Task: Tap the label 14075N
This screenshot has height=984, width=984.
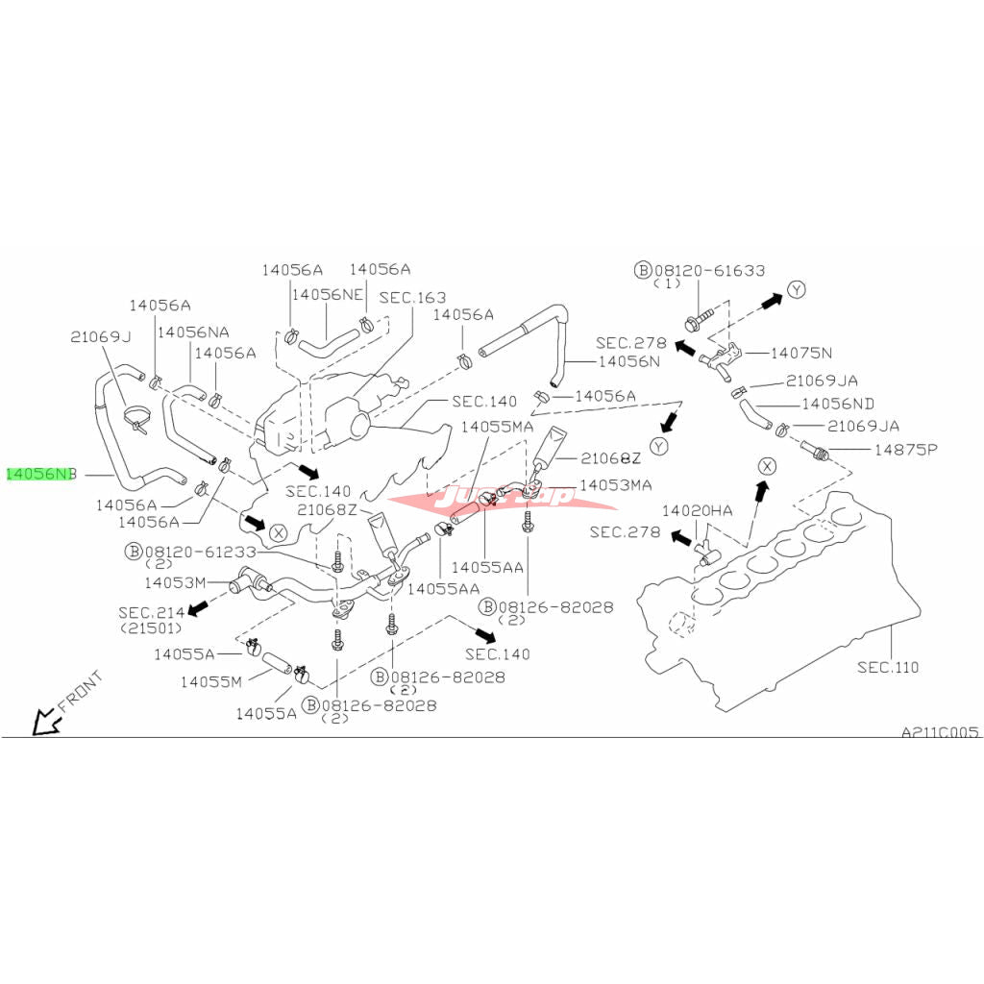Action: pyautogui.click(x=801, y=353)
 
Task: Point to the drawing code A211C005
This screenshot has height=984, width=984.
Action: pyautogui.click(x=939, y=731)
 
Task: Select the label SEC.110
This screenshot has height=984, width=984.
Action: pyautogui.click(x=888, y=667)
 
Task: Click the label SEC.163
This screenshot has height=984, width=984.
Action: pyautogui.click(x=413, y=298)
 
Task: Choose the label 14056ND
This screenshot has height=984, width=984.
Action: pyautogui.click(x=838, y=404)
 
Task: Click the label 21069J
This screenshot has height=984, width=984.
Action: pyautogui.click(x=100, y=336)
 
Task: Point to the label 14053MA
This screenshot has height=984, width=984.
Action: pyautogui.click(x=615, y=485)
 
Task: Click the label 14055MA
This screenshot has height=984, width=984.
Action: pyautogui.click(x=497, y=426)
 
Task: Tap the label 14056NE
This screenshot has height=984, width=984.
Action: pyautogui.click(x=328, y=294)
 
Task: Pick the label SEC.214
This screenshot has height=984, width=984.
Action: pyautogui.click(x=151, y=612)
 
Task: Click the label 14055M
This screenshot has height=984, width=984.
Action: pyautogui.click(x=211, y=681)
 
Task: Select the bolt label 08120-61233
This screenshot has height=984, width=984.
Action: pyautogui.click(x=200, y=553)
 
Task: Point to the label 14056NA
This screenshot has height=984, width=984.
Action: pyautogui.click(x=193, y=332)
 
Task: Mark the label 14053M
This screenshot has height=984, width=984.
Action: pyautogui.click(x=175, y=582)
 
